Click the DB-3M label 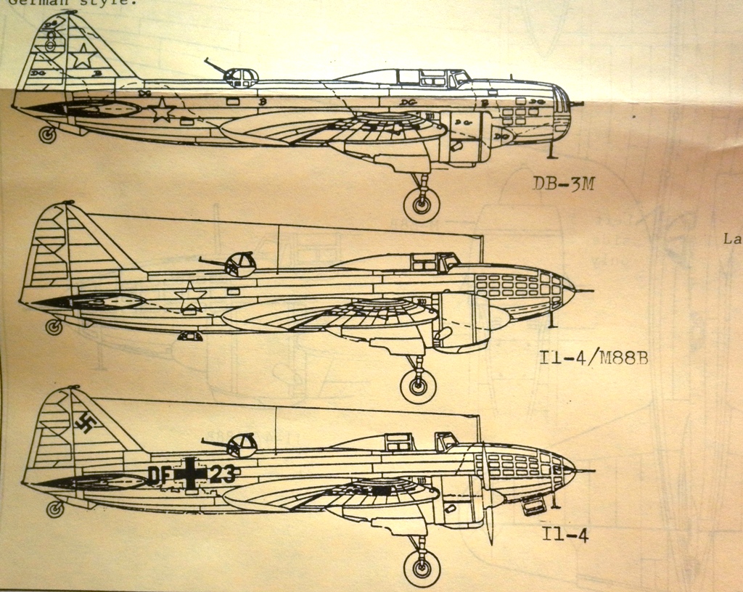563,184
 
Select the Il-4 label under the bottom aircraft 565,535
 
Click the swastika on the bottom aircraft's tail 86,424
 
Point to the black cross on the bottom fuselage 191,474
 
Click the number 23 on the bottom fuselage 221,474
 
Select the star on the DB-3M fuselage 162,110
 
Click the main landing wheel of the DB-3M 422,205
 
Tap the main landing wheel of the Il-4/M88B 418,385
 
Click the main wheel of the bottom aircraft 422,567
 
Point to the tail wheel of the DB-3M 48,134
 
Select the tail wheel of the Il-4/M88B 54,326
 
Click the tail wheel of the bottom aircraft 55,509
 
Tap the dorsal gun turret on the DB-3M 242,77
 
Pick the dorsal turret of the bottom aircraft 242,445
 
